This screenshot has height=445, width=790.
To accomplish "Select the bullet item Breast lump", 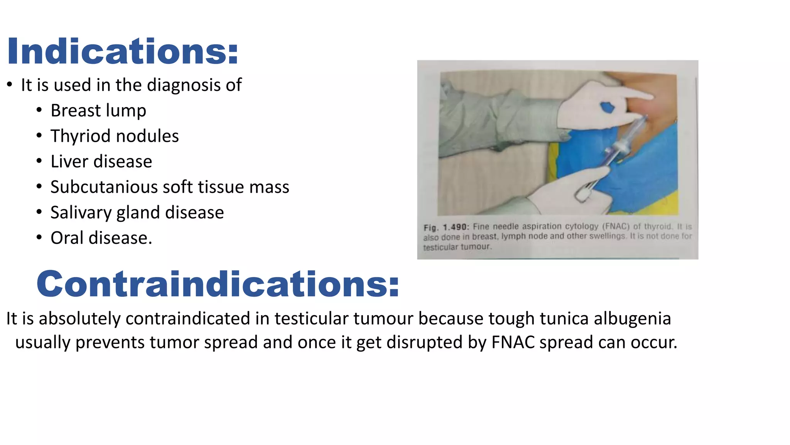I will coord(98,110).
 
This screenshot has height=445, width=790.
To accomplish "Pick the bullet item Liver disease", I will coord(101,161).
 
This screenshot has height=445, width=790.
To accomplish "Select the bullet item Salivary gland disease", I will coord(137,212).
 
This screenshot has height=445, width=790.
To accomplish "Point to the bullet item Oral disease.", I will coord(101,238).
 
